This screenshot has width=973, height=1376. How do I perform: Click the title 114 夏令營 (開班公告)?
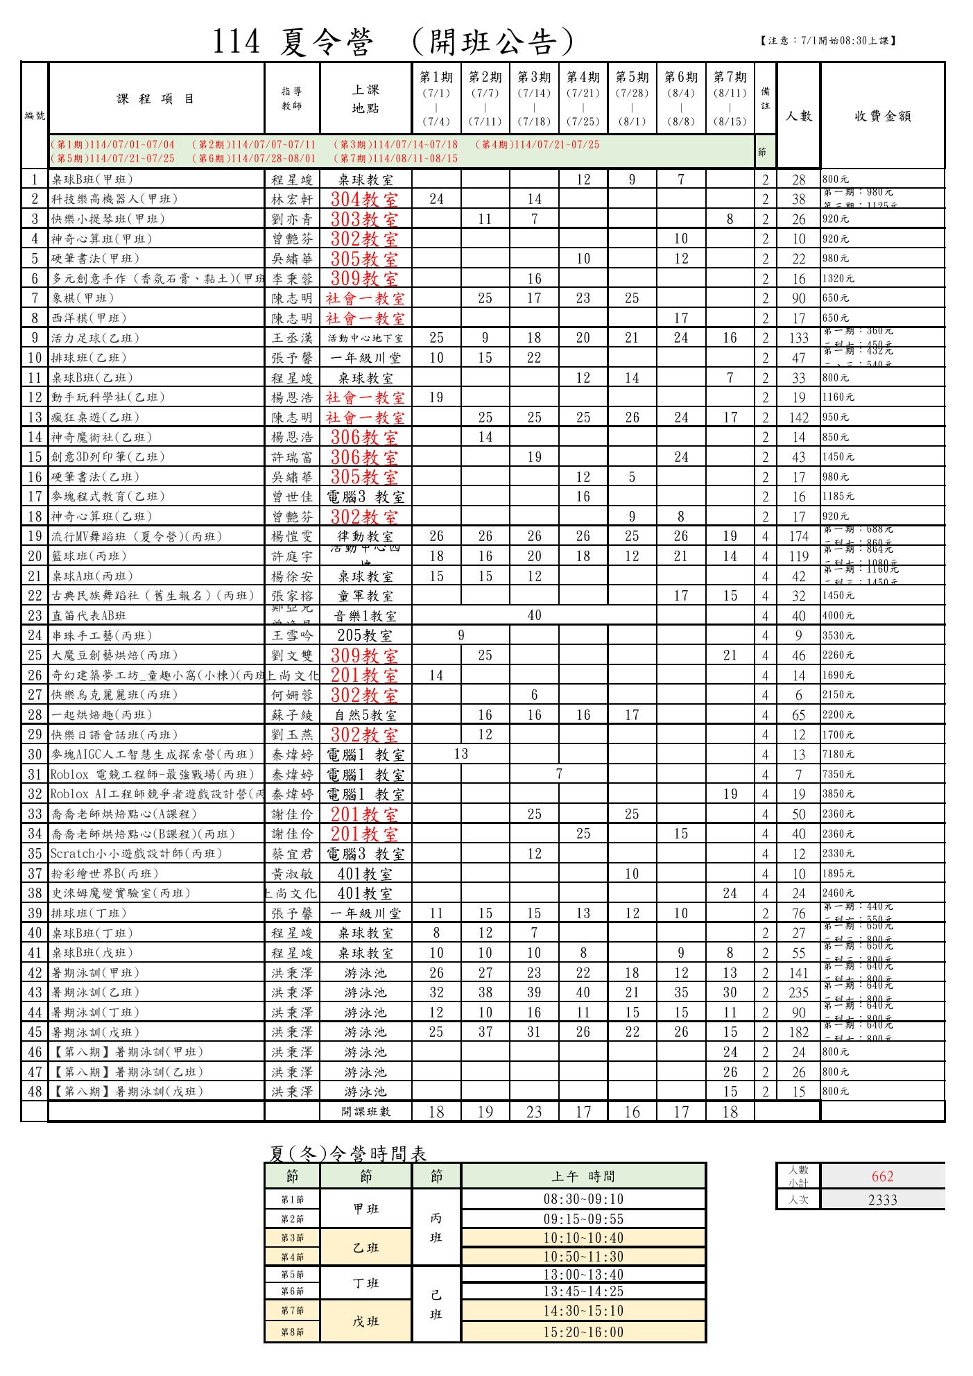(393, 42)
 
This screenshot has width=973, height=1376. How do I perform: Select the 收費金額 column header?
(882, 116)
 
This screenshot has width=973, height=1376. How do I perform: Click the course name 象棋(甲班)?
(83, 298)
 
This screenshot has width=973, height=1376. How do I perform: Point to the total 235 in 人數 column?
(798, 992)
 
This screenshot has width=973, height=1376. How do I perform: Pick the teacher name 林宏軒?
(292, 199)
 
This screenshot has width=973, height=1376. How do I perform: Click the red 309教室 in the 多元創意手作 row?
(365, 279)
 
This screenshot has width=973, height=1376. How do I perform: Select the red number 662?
(882, 1176)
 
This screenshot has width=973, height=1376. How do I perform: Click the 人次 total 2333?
(882, 1200)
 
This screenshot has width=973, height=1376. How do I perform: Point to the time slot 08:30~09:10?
(583, 1199)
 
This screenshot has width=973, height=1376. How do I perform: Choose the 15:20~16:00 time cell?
(583, 1332)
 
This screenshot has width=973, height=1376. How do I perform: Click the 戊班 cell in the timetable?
(365, 1321)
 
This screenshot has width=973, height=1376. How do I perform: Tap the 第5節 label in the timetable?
(292, 1275)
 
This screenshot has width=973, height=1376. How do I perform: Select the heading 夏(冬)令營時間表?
(347, 1153)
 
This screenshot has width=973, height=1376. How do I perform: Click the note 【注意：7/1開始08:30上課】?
(828, 41)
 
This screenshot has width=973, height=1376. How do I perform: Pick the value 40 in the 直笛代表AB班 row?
(534, 615)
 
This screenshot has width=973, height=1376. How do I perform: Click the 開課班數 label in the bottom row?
(365, 1112)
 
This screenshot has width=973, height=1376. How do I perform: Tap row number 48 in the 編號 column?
(35, 1092)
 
